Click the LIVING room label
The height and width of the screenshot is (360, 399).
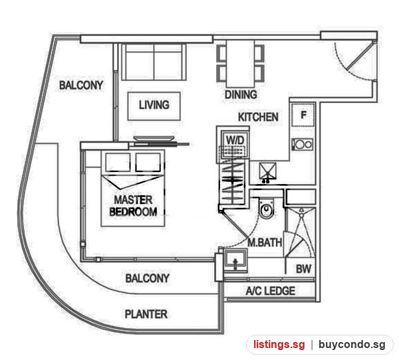pos(154,105)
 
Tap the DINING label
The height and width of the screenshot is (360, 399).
pos(241,94)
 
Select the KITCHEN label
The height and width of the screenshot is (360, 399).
pos(258,117)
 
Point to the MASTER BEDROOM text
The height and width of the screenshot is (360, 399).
pos(133,206)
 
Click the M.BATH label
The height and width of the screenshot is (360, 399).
pos(265,242)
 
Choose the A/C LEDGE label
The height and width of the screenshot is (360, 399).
pos(271,291)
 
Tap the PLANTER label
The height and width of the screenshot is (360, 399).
pos(146,314)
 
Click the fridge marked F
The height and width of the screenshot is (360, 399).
pos(303,115)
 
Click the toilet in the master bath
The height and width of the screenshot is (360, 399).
pos(266,208)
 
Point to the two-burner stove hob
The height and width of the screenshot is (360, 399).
pos(303,144)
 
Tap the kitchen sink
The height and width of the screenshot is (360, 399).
pos(267,171)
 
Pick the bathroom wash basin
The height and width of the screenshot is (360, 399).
pos(235,260)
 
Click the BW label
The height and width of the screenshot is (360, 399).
pos(303,269)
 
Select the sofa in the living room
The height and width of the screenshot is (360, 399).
pos(154,62)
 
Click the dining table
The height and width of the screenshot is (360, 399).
pos(241,64)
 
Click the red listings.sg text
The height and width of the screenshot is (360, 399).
pos(279,345)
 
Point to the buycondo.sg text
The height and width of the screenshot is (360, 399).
pos(352,345)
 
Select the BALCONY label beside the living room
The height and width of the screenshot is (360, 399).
pos(81,85)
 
